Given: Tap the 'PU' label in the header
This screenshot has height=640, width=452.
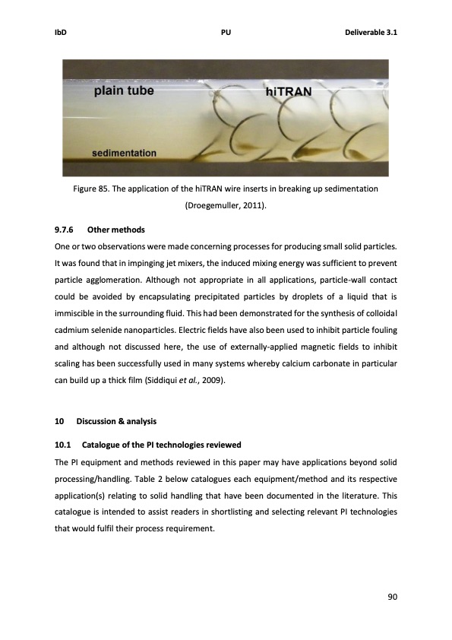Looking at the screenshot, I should pos(226,33).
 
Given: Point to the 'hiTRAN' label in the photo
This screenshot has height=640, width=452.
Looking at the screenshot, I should pos(289,92).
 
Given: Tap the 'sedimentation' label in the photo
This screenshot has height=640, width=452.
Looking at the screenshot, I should pos(125,153).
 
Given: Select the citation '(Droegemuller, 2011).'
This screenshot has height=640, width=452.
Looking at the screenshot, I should pos(226,205).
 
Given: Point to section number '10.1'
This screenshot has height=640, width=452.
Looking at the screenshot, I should pos(63,444).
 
